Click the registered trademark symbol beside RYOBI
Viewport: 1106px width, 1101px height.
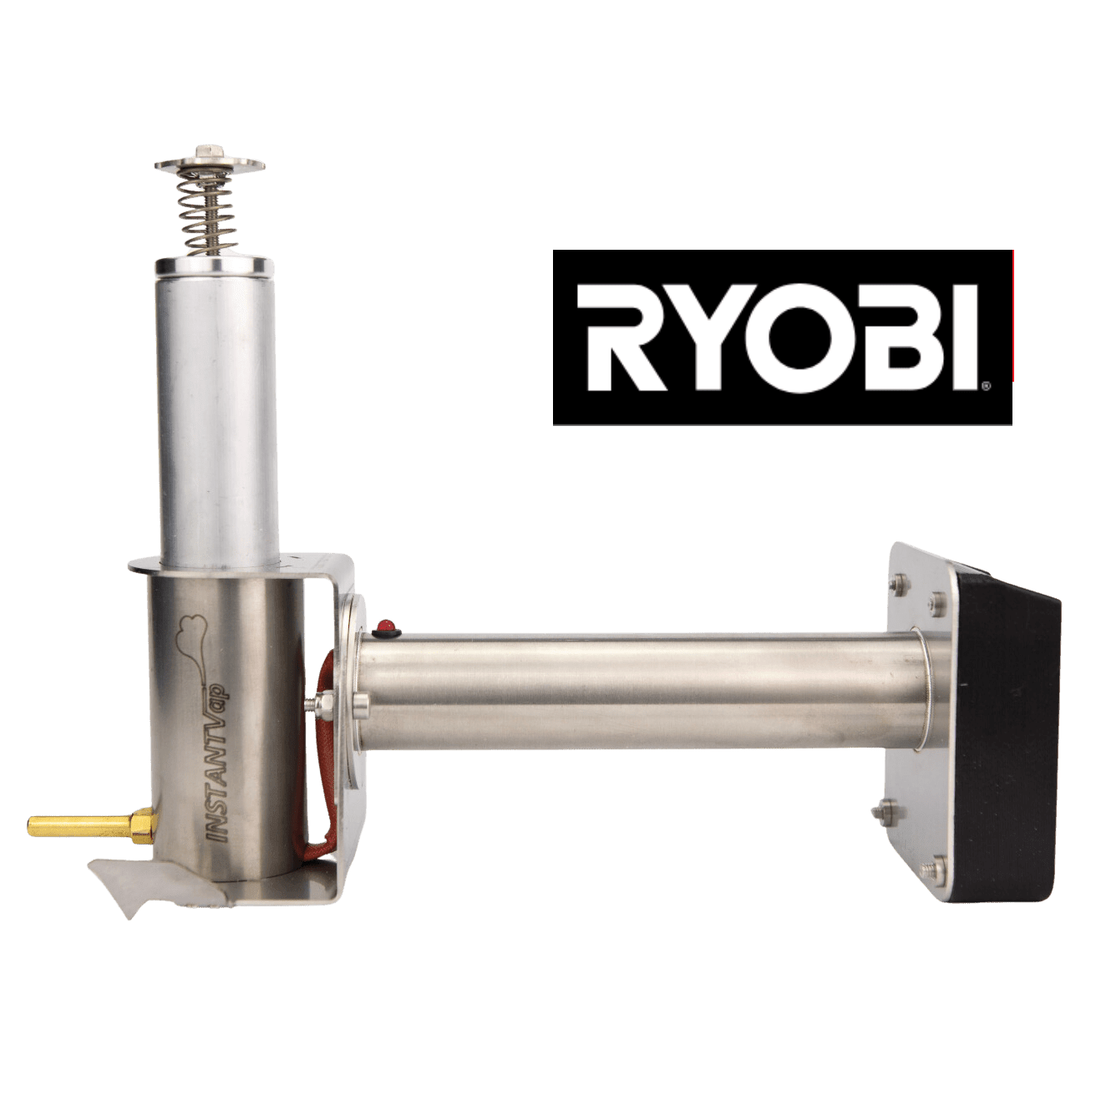tap(986, 387)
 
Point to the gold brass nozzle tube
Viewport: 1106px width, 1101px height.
tap(80, 828)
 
